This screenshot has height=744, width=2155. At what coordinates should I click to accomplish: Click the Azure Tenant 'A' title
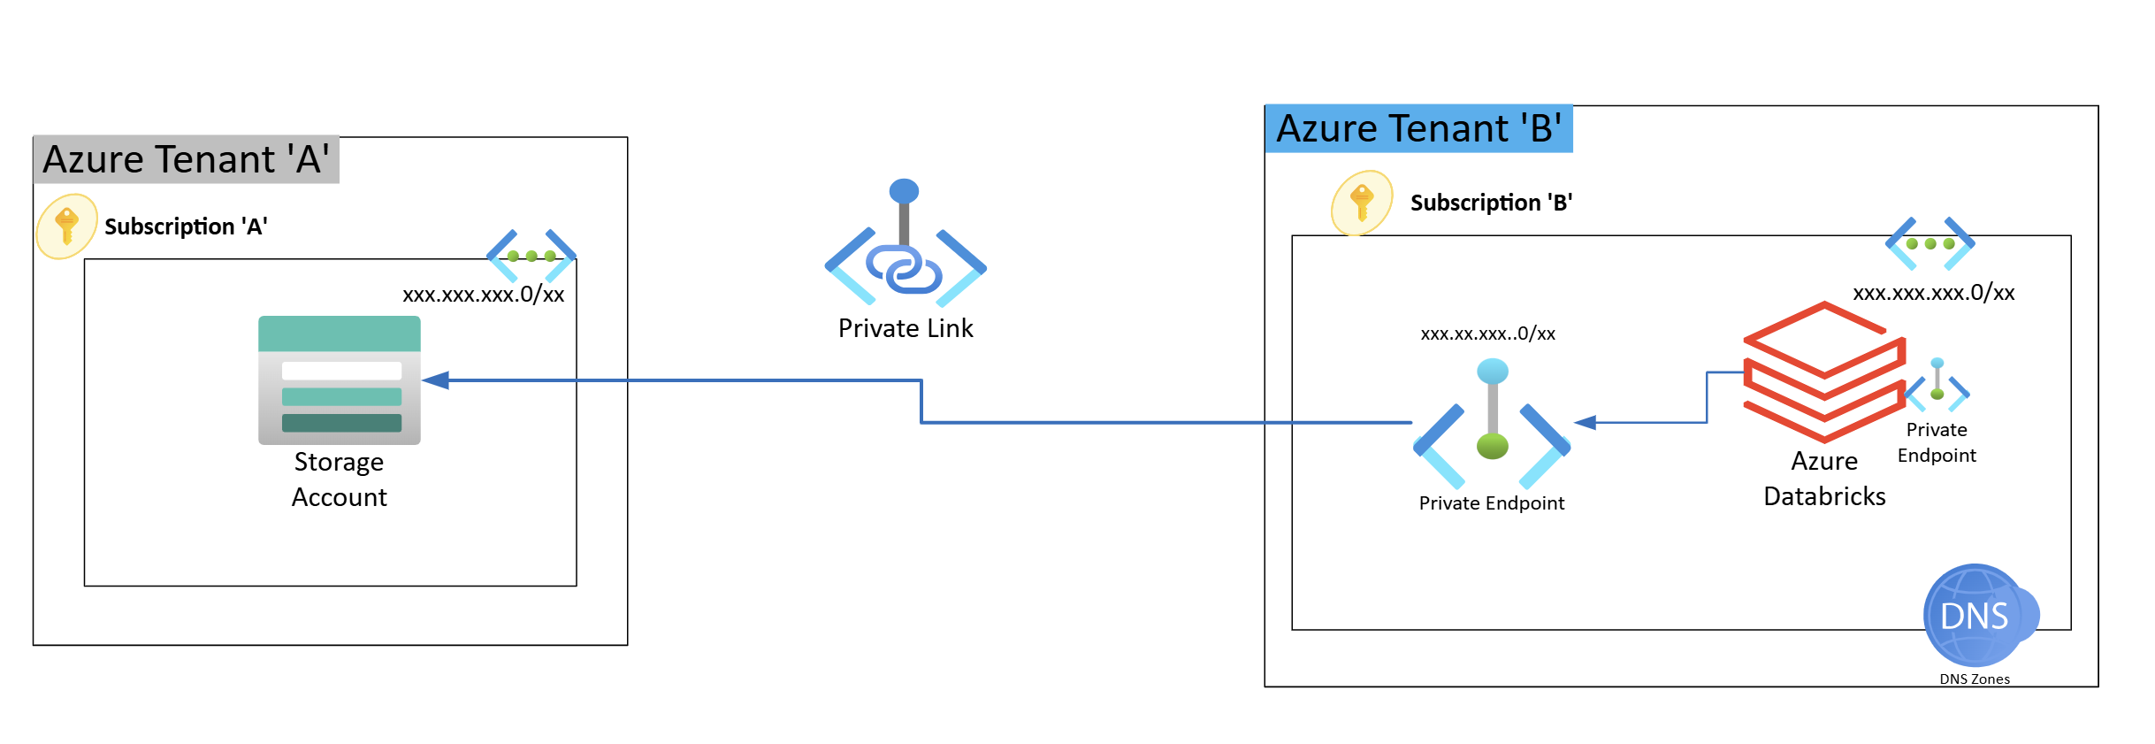186,160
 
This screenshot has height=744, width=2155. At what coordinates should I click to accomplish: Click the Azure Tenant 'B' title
1418,129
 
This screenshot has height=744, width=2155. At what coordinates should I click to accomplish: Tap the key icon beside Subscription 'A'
66,226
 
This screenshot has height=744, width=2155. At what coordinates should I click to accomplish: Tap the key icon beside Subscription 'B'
1362,203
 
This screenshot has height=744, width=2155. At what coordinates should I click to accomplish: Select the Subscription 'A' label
186,227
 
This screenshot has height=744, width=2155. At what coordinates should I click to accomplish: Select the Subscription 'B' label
1491,203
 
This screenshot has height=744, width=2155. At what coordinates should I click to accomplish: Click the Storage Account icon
340,380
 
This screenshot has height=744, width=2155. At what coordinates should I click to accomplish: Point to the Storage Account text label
340,479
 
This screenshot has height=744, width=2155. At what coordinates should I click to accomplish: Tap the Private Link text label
905,328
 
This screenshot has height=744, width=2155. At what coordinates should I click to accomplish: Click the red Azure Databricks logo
1823,372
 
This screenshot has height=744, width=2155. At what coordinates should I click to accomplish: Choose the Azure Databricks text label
1823,479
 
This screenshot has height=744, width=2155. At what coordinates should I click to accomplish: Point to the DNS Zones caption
1974,679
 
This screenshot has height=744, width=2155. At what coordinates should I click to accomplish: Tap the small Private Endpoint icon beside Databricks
1937,385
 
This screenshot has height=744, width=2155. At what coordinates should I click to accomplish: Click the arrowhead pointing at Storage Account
436,380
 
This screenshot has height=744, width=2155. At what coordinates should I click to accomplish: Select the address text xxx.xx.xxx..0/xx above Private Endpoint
1487,334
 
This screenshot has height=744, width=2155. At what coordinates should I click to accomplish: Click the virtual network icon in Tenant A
531,256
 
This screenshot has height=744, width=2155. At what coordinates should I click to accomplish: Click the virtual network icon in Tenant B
1930,243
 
